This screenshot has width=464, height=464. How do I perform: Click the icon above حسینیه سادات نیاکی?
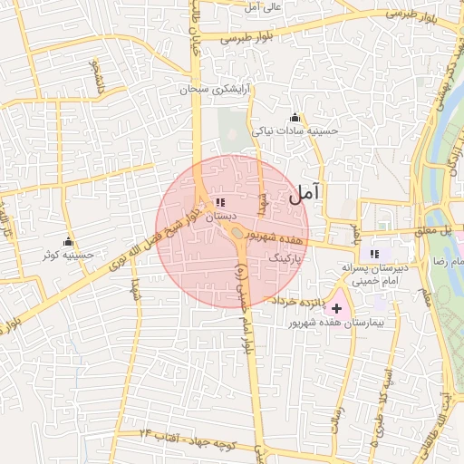[294, 117]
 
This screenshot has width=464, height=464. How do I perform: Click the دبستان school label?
[220, 217]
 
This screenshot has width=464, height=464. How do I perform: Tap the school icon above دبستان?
[220, 203]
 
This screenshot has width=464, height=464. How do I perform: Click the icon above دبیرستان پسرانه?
[375, 254]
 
